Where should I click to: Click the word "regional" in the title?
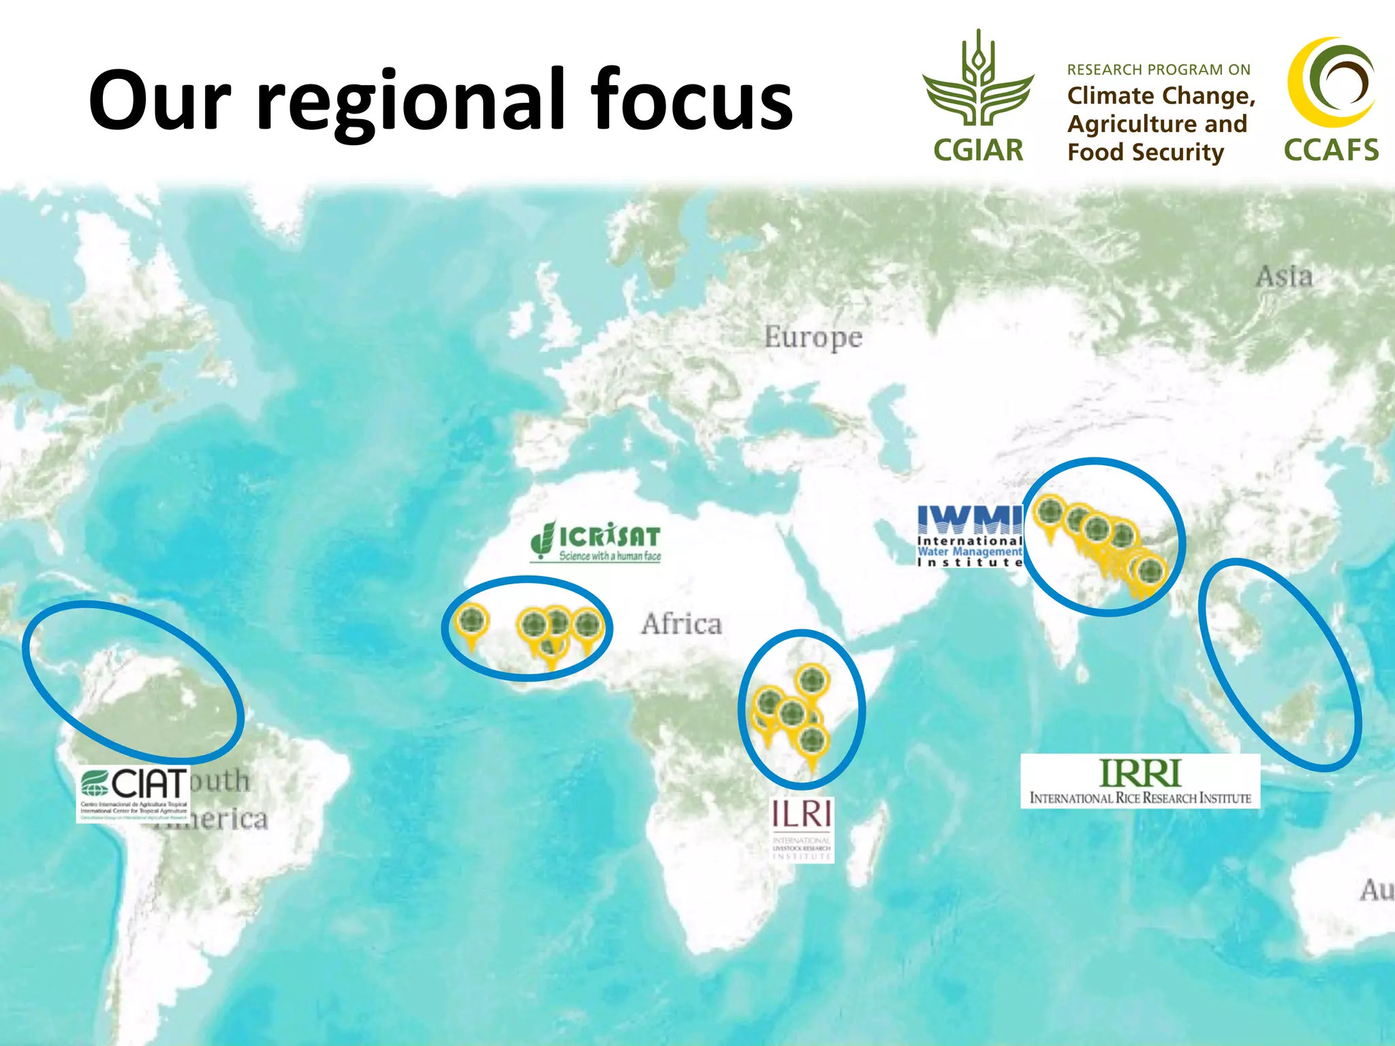coord(411,102)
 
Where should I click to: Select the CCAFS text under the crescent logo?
coord(1331,150)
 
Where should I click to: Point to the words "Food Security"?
coord(1145,152)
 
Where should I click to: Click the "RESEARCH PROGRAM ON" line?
coord(1158,69)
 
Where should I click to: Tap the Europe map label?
coord(813,338)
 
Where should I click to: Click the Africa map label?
coord(681,624)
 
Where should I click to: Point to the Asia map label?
coord(1284,276)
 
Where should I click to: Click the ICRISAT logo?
coord(596,541)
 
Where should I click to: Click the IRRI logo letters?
coord(1140,774)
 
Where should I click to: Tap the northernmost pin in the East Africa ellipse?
coord(812,680)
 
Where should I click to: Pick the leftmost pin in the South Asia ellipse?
coord(1050,512)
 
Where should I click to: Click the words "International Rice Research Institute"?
coord(1140,798)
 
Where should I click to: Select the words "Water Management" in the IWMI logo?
coord(969,552)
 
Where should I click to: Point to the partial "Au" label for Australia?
coord(1377,890)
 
